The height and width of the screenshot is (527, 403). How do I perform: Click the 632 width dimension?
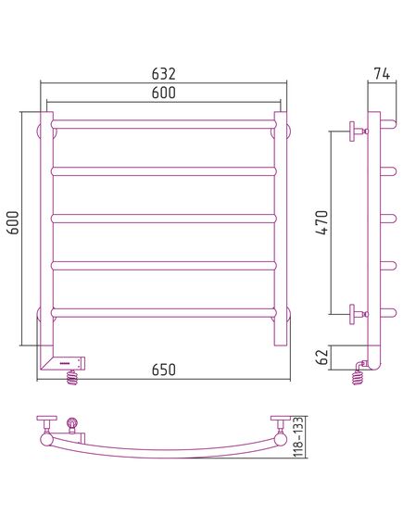164,74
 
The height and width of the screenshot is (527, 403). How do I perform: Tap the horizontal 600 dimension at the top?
164,93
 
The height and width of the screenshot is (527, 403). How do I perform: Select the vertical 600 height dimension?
14,223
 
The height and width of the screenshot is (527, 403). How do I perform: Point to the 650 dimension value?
164,370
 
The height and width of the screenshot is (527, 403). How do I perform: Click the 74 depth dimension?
382,74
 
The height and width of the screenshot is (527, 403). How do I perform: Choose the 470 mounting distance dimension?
321,222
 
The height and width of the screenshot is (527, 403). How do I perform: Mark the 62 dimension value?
322,357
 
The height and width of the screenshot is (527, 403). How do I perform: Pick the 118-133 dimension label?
298,437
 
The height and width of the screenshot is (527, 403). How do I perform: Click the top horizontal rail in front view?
164,124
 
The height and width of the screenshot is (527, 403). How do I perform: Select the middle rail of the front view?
164,219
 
